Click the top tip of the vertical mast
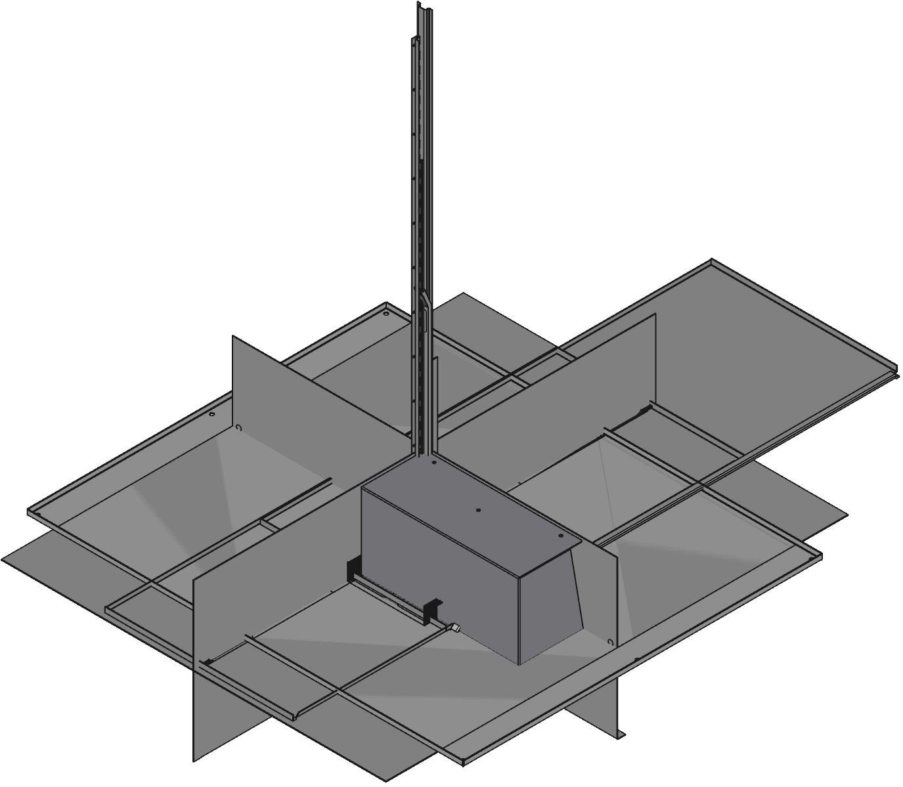tap(419, 4)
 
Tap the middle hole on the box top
tap(478, 509)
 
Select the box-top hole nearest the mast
tap(434, 463)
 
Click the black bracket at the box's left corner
tap(355, 568)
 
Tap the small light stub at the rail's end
tap(454, 629)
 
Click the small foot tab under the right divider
tap(622, 733)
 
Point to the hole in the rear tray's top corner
tap(385, 312)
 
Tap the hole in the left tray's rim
tap(211, 415)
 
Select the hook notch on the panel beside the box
tap(610, 642)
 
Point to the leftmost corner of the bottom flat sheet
tap(3, 559)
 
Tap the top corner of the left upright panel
tap(233, 336)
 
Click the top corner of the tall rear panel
tap(655, 314)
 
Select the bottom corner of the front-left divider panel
tap(194, 761)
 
